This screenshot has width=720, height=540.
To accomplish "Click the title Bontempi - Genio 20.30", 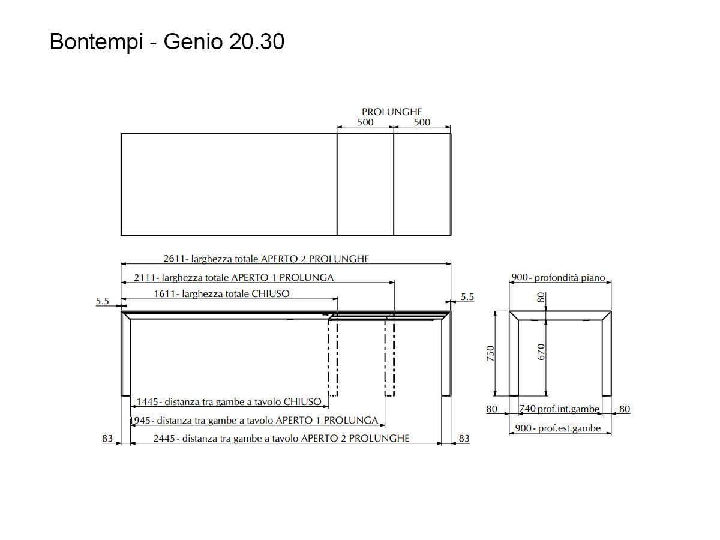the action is [x=167, y=42].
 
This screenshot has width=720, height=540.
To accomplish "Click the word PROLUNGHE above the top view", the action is [x=392, y=112].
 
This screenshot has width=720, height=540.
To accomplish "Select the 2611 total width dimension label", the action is [x=266, y=259].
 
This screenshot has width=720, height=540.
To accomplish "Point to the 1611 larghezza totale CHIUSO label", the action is [x=222, y=293].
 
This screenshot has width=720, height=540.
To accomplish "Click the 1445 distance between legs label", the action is [x=229, y=401].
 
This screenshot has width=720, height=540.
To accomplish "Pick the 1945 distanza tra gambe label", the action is [x=254, y=420].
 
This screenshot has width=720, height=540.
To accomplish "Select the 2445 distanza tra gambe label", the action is [x=281, y=438].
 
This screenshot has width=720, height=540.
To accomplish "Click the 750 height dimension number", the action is [x=490, y=353].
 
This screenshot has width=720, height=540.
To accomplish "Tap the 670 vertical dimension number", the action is [x=541, y=352].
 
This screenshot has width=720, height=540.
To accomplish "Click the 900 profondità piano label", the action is [x=558, y=277].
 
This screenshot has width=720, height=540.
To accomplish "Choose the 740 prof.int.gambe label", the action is [x=559, y=409].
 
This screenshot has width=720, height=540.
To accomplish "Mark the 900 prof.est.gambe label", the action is [x=558, y=428].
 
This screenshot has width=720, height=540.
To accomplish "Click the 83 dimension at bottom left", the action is [x=107, y=439].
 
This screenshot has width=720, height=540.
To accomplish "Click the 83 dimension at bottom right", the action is [x=464, y=439].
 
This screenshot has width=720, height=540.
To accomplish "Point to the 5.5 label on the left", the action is [x=103, y=301].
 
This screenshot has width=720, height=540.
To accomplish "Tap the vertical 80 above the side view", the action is [x=541, y=298].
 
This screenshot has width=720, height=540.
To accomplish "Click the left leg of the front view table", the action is [x=126, y=356].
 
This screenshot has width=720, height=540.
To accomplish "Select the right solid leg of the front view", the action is [x=446, y=356].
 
